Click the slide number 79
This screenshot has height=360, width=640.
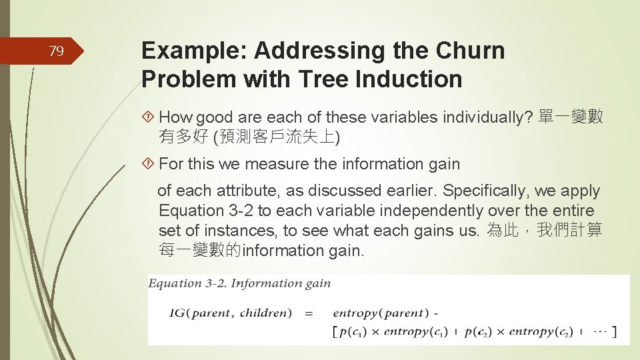point(57,51)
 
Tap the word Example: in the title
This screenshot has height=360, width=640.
point(194,51)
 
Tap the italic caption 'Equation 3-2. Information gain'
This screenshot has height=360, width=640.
point(239,283)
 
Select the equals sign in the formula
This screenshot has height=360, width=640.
point(309,313)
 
